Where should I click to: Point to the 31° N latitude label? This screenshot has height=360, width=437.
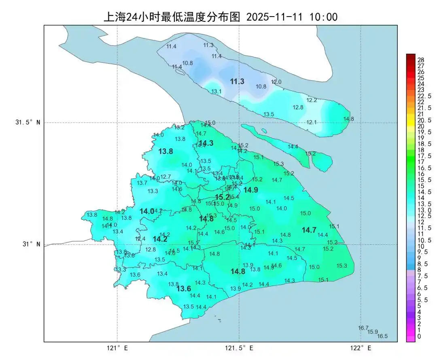point(28,244)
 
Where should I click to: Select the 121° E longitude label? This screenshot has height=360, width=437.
point(117,348)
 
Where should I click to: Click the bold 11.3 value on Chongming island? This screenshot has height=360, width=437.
point(237,82)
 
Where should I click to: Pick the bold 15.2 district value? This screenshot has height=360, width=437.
point(222,197)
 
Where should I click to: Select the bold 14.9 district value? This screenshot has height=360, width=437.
point(250,190)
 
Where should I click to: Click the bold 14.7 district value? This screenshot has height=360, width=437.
point(309,230)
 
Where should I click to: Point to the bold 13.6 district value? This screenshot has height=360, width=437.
point(184,289)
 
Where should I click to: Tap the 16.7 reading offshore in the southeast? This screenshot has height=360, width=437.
point(363,328)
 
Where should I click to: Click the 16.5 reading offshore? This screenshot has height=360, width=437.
point(382,336)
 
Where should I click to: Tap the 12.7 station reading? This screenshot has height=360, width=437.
point(166,177)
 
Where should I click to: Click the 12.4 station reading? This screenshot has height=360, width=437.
point(140,239)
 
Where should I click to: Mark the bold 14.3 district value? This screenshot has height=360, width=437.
point(206,143)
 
